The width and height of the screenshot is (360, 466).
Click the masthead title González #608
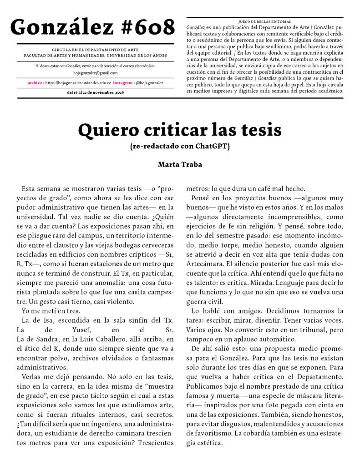[92, 28]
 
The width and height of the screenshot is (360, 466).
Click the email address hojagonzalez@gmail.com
[95, 73]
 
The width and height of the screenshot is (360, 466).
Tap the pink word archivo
[35, 83]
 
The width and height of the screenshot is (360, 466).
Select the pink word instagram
[123, 83]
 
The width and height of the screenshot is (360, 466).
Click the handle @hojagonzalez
[149, 83]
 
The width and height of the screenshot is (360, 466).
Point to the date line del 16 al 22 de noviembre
[95, 92]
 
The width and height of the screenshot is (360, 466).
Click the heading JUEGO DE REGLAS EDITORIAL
[264, 21]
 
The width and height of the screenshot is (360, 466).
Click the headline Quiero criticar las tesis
[180, 130]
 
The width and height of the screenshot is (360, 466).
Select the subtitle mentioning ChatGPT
[180, 146]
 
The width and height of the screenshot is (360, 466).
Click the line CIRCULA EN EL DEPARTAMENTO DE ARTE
[95, 50]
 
